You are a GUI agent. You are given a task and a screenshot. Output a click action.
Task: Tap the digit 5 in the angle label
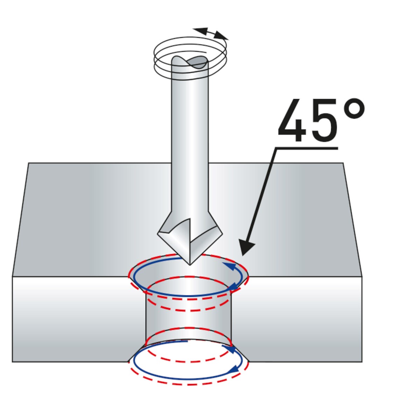point(325,120)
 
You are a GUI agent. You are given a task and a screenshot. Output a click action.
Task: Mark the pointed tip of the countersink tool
point(190,265)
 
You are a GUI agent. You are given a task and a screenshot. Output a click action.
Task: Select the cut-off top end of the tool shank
point(189,62)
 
